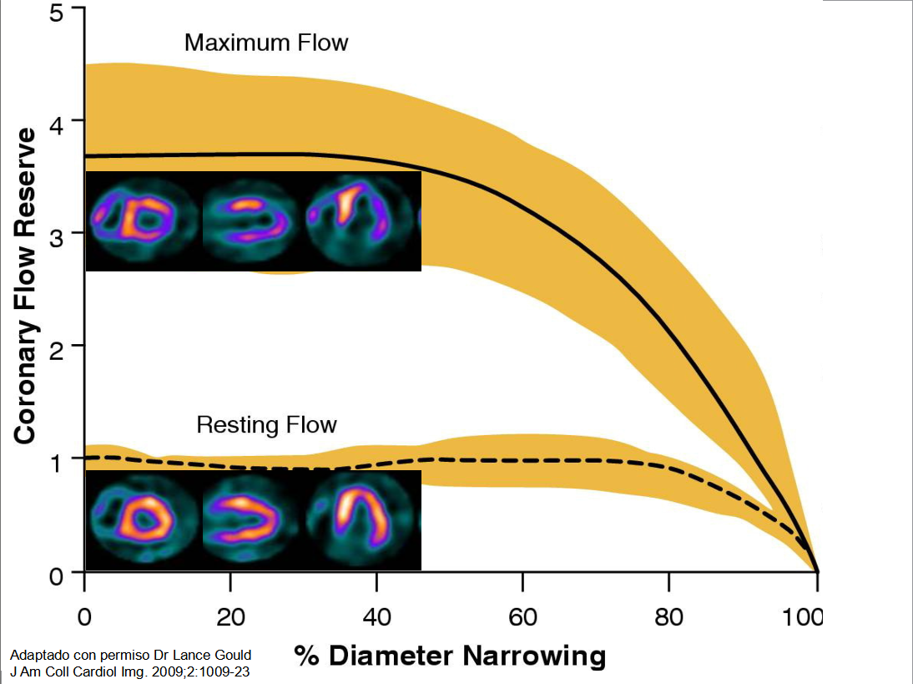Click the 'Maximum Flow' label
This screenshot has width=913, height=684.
point(265,43)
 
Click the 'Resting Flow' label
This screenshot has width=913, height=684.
point(266,425)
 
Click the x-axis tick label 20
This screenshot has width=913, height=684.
point(230,617)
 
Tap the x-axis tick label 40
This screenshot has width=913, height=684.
point(376,617)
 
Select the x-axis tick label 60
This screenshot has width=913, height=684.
point(522,617)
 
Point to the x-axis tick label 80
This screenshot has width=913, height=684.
point(668,617)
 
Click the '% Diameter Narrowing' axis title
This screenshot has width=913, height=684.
point(450,656)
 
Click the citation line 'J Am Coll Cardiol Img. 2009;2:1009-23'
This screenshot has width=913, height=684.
point(130,670)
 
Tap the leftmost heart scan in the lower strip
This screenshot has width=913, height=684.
point(137,519)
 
